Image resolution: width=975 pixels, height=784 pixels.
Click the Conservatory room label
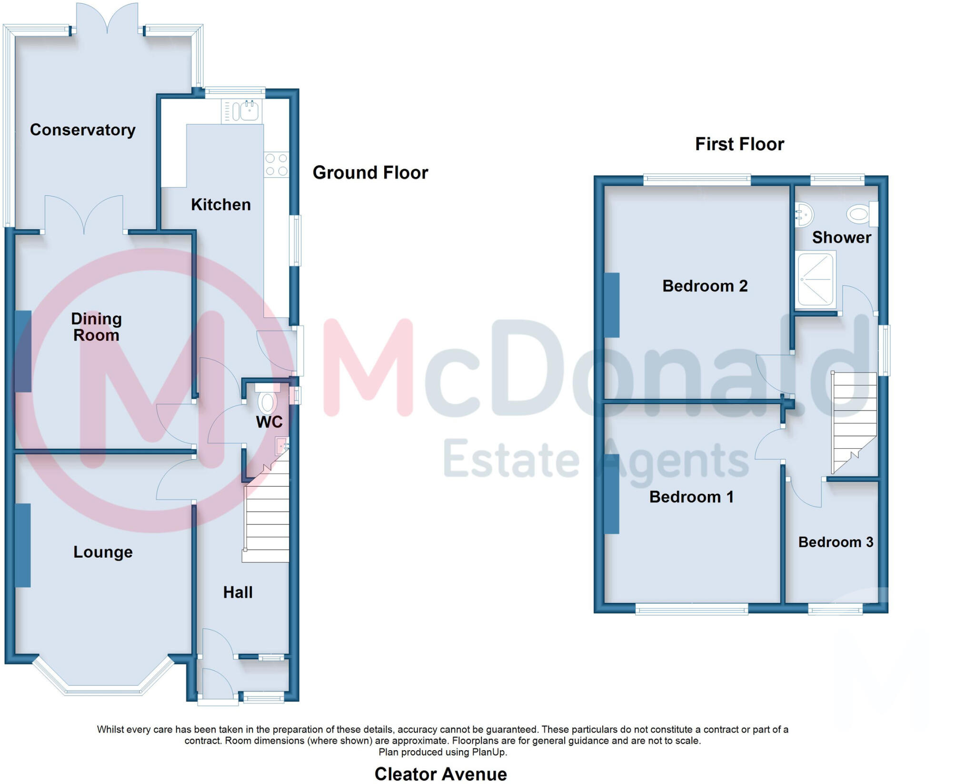(82, 130)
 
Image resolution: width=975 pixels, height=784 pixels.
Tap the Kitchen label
(220, 205)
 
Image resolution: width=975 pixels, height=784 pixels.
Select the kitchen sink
(249, 111)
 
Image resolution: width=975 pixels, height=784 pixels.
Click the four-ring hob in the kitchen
(276, 164)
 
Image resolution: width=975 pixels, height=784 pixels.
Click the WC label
(269, 422)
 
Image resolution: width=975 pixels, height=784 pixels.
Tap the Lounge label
(103, 552)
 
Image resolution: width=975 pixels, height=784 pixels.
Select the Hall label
(238, 593)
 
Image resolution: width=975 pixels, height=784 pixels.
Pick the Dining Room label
(96, 327)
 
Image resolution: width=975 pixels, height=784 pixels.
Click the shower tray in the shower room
(816, 279)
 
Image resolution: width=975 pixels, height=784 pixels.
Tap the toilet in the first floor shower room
(862, 214)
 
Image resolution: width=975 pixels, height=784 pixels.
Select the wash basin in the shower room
(804, 214)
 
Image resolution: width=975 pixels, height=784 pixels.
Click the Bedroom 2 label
(705, 286)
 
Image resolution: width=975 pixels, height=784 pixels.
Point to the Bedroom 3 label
(836, 542)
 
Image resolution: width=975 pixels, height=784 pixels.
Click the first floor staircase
(854, 419)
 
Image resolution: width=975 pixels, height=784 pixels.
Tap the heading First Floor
(739, 144)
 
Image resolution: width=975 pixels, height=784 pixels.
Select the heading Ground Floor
(370, 173)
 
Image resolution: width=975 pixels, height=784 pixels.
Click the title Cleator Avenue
(440, 774)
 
